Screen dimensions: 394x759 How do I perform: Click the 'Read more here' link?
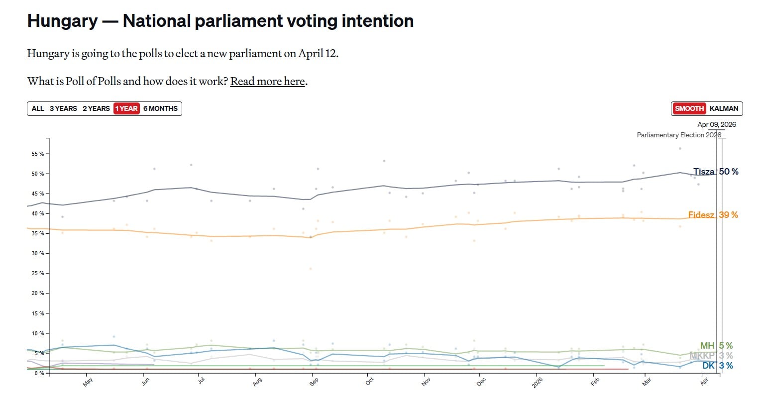point(267,81)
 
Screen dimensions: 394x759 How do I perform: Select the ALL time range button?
point(38,108)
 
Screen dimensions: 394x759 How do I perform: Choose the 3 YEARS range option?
point(63,108)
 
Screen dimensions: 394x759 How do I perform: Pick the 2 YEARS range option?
point(96,108)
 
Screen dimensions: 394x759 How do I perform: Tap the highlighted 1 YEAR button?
point(126,108)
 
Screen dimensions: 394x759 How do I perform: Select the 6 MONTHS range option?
point(160,108)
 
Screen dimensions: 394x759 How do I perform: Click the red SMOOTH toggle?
point(689,108)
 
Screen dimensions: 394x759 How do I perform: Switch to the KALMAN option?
point(724,108)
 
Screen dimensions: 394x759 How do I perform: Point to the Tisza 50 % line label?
point(716,172)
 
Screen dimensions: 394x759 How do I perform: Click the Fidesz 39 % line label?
point(713,215)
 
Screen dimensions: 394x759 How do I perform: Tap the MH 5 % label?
point(716,346)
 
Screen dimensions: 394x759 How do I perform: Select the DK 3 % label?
point(717,366)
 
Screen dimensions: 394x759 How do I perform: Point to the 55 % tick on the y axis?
point(38,154)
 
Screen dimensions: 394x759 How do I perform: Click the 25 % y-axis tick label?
point(38,274)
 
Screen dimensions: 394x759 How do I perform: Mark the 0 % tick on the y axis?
point(39,373)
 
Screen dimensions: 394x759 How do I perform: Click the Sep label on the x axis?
point(314,382)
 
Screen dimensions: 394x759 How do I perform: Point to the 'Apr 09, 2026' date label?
point(716,124)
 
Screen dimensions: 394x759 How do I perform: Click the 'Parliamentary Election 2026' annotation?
point(678,135)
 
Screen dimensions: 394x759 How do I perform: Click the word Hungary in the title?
point(62,21)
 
